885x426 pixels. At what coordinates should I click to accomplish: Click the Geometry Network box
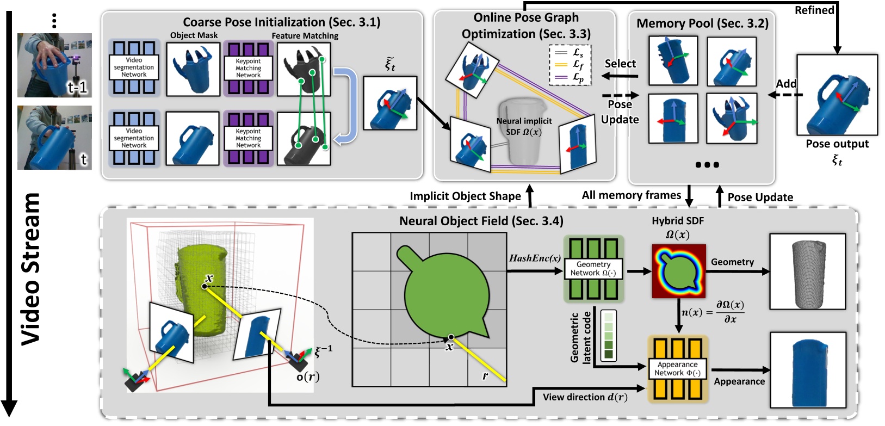coord(593,269)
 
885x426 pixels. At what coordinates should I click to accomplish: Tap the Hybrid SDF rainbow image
coord(678,271)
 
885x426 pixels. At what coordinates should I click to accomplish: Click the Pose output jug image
coord(837,95)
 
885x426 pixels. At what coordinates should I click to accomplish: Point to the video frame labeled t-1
coord(54,65)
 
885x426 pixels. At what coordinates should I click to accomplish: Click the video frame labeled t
coord(54,138)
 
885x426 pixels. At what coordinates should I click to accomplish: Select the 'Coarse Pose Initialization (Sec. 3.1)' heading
coord(281,22)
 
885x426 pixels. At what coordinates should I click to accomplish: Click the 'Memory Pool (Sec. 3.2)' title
coord(702,23)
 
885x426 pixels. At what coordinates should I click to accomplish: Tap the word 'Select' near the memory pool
coord(620,64)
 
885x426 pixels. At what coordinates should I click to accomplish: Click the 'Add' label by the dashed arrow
coord(786,84)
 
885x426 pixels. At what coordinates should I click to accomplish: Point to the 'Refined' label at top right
coord(814,10)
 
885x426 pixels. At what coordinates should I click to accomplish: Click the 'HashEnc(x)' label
coord(534,258)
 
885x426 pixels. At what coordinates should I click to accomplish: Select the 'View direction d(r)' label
coord(585,397)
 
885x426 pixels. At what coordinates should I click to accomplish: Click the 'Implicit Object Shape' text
coord(465,196)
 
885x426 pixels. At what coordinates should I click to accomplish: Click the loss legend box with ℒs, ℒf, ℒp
coord(570,65)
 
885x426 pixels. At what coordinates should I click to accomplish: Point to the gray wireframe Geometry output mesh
coord(807,271)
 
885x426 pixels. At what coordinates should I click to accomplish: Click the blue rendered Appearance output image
coord(808,370)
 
